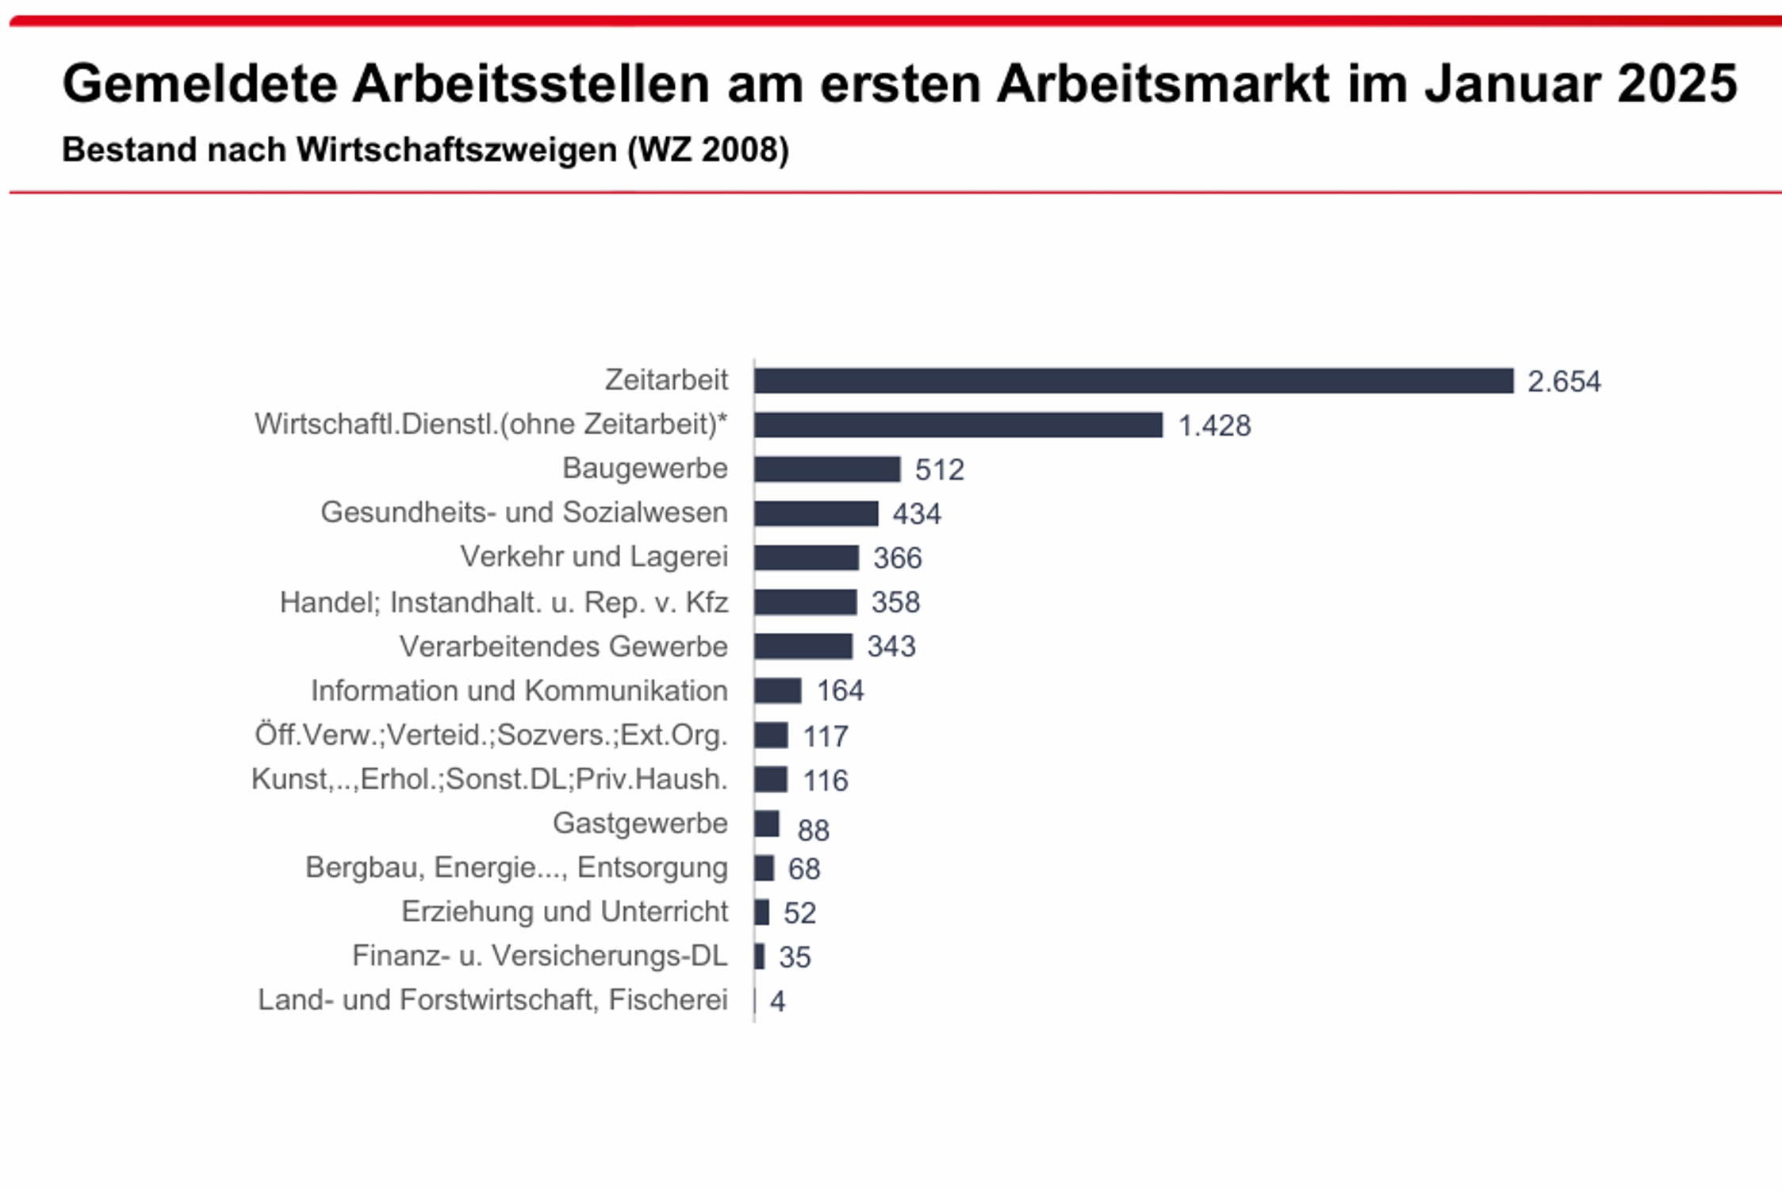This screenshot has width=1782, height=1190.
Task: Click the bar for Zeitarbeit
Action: pyautogui.click(x=1133, y=381)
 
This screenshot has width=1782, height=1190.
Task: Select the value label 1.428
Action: pyautogui.click(x=1214, y=426)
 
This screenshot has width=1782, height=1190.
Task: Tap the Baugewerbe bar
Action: pyautogui.click(x=827, y=470)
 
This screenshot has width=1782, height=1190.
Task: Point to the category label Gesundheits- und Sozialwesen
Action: pyautogui.click(x=523, y=512)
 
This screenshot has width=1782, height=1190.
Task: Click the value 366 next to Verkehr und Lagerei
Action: pyautogui.click(x=897, y=559)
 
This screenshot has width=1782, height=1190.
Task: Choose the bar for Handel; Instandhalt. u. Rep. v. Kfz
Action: pyautogui.click(x=805, y=602)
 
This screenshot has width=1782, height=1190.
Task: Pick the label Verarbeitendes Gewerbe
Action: pyautogui.click(x=563, y=647)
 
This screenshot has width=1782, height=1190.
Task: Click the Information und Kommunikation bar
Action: pyautogui.click(x=778, y=691)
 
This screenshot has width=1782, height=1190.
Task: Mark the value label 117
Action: pyautogui.click(x=826, y=737)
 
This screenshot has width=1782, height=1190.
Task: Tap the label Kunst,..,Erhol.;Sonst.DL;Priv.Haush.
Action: pyautogui.click(x=489, y=779)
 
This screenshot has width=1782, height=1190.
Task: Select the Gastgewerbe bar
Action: pyautogui.click(x=767, y=823)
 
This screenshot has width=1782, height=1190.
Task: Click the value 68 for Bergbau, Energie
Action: pyautogui.click(x=803, y=869)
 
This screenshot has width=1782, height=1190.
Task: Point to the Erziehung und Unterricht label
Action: pyautogui.click(x=564, y=912)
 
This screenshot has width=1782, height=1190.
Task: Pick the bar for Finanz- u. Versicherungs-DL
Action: pyautogui.click(x=760, y=956)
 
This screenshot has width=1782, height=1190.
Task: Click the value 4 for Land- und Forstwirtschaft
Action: pyautogui.click(x=777, y=1001)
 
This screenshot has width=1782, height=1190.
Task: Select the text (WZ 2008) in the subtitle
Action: pyautogui.click(x=708, y=150)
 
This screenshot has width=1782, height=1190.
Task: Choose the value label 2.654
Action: pyautogui.click(x=1564, y=382)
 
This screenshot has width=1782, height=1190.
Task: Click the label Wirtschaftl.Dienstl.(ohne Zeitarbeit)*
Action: pyautogui.click(x=491, y=424)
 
